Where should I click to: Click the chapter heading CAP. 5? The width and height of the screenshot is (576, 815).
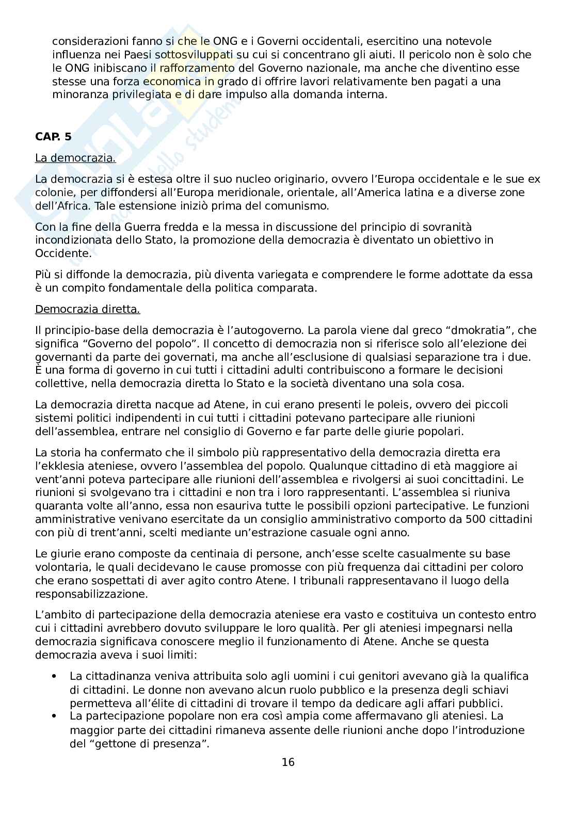click(x=53, y=136)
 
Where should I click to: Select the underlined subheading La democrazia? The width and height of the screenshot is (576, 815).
click(x=75, y=158)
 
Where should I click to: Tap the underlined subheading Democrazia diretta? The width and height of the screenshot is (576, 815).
click(x=87, y=309)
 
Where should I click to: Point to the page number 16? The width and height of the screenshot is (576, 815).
click(x=288, y=762)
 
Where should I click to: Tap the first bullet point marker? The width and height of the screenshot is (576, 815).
click(x=53, y=676)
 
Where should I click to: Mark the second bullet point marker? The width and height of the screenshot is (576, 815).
click(x=53, y=716)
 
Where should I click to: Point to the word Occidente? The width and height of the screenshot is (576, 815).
click(x=62, y=253)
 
